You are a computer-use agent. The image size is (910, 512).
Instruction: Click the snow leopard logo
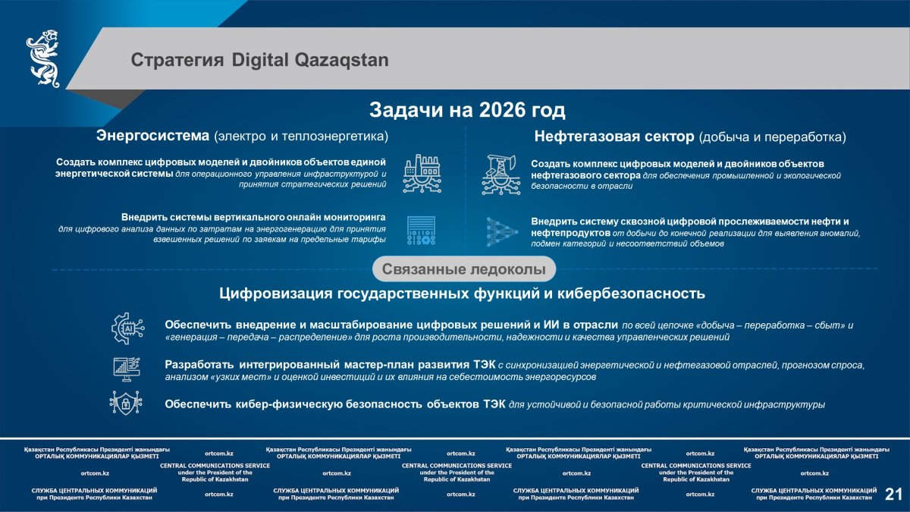[x=43, y=58]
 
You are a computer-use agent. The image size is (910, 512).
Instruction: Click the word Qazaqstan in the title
[x=341, y=61]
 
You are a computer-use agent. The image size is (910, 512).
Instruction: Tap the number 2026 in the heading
[x=502, y=110]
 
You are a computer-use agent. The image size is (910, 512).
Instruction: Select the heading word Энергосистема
[x=152, y=136]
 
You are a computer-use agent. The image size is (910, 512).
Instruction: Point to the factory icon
[x=422, y=174]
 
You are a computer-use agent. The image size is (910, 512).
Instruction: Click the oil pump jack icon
[x=501, y=174]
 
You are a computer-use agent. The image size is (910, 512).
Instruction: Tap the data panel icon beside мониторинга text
[x=422, y=231]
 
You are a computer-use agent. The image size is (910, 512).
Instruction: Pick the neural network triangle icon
[x=502, y=232]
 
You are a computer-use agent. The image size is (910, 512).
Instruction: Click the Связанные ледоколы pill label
[x=464, y=269]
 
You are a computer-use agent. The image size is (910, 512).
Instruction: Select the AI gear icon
[x=127, y=328]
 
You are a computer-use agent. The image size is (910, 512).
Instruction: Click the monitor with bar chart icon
[x=127, y=369]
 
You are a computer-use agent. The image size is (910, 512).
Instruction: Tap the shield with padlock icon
[x=126, y=403]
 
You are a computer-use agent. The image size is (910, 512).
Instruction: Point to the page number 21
[x=894, y=494]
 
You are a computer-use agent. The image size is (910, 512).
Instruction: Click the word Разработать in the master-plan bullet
[x=199, y=365]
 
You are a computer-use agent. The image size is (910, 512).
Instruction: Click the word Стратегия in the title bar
[x=177, y=61]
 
